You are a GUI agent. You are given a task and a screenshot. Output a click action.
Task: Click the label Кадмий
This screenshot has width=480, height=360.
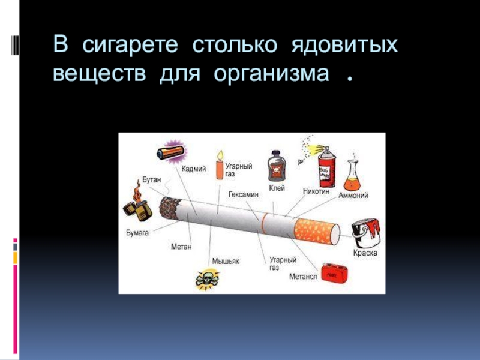pos(193,170)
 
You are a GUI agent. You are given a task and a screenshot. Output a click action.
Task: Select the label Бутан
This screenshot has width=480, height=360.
pos(151,179)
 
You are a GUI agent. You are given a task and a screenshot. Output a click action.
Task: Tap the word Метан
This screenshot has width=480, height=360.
pos(181,246)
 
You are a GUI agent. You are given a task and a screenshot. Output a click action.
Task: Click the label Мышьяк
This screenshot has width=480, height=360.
pos(226,261)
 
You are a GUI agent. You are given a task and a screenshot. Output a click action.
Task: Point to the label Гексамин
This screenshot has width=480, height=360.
pos(243,195)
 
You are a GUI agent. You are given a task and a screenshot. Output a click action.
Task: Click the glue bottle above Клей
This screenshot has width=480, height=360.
pos(275,164)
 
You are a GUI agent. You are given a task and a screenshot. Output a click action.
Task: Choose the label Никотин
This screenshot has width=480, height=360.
pos(316,190)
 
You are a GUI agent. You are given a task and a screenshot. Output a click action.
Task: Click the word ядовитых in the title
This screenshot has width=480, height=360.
pos(344,45)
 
